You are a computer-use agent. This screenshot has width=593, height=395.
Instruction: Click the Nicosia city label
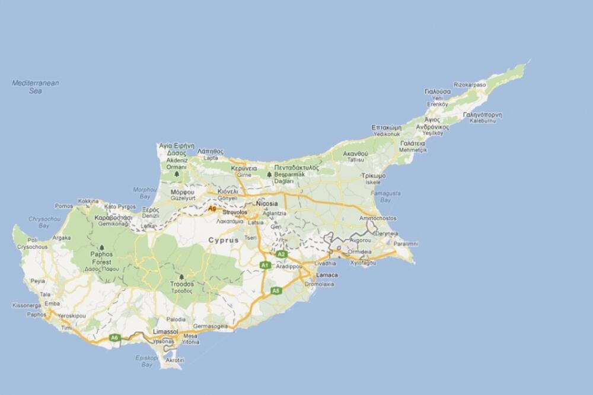266,204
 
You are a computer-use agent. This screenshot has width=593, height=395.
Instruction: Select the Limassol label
165,331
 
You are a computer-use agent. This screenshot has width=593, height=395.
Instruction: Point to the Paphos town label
36,314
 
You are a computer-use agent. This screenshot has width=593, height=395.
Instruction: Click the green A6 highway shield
114,337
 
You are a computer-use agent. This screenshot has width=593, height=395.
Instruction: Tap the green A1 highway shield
265,265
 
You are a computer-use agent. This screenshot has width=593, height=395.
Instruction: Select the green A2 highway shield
282,254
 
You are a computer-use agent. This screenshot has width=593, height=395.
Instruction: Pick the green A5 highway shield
275,291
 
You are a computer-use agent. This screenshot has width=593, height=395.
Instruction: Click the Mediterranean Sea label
36,87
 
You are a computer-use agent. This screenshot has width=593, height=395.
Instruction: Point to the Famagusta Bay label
385,196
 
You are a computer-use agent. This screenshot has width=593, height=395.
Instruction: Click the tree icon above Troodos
181,277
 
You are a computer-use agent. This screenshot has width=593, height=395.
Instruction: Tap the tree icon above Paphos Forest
101,247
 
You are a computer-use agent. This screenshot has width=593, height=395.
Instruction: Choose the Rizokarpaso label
470,85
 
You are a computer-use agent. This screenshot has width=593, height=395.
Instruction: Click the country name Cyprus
223,240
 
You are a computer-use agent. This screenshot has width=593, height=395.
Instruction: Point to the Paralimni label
406,244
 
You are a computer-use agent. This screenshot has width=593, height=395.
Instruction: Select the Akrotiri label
174,360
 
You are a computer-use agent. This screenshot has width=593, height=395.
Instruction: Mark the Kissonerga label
26,305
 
